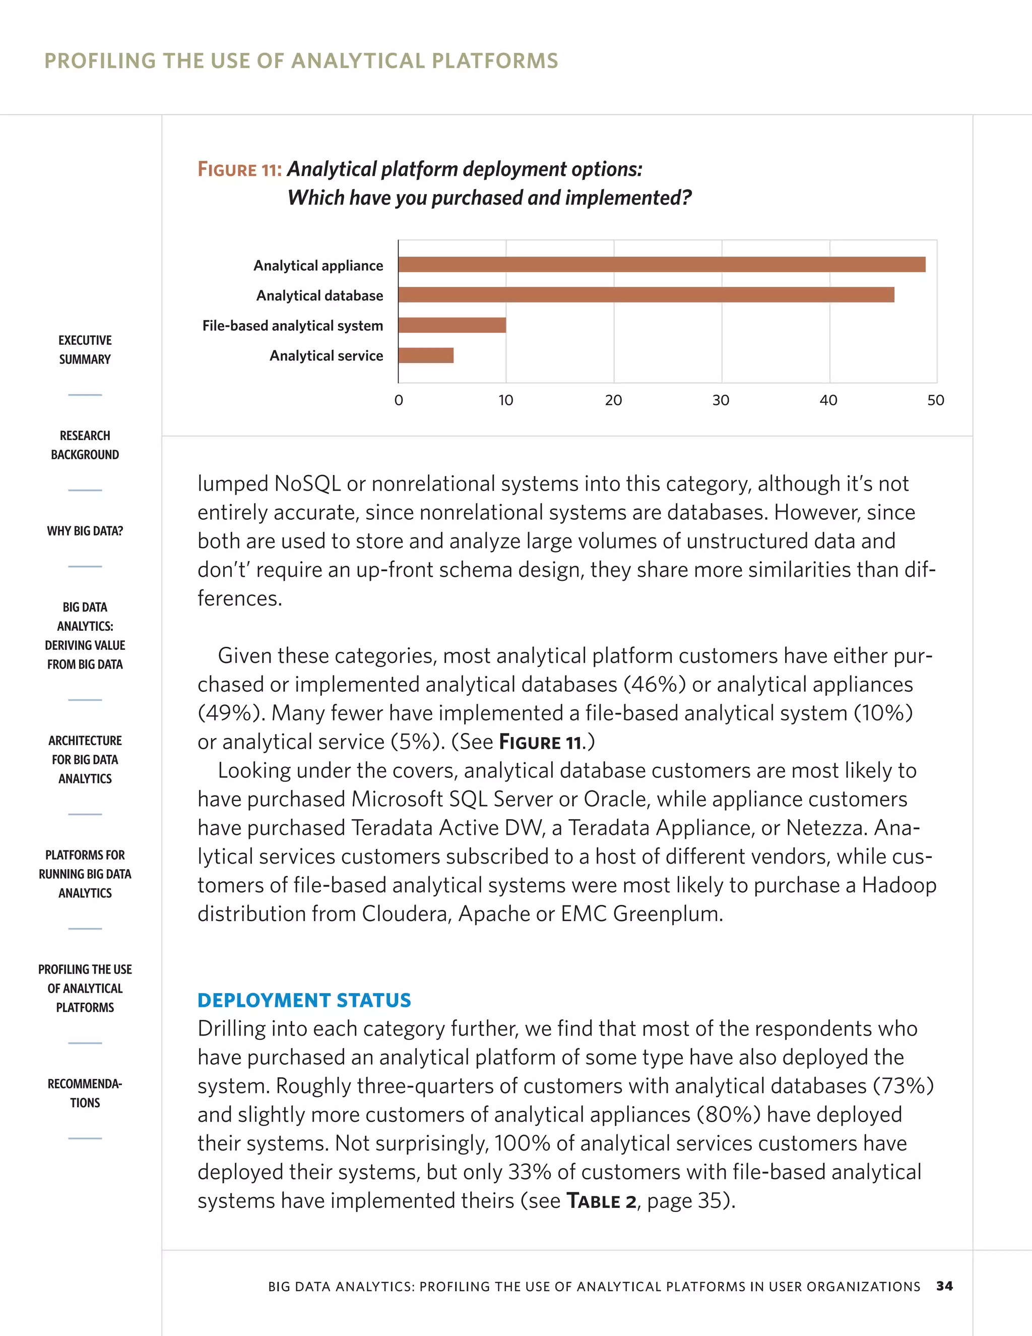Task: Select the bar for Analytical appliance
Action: click(662, 264)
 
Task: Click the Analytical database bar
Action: click(646, 295)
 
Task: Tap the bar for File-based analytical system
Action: click(452, 325)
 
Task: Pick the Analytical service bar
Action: click(425, 355)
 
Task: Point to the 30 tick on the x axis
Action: click(721, 400)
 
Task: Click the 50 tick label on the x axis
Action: click(935, 400)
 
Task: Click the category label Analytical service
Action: click(326, 356)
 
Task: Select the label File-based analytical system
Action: click(292, 326)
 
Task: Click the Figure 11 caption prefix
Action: click(239, 169)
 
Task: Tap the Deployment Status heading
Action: click(304, 1000)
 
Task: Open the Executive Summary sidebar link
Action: click(85, 349)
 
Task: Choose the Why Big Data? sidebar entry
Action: click(85, 531)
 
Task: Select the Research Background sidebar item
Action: click(85, 445)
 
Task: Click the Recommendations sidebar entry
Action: click(85, 1093)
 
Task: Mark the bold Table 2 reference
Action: click(602, 1201)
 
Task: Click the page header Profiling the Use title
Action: click(301, 60)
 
